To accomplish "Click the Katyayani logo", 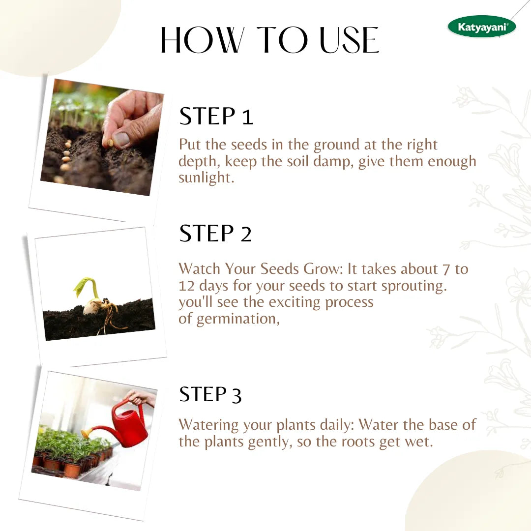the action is (481, 27).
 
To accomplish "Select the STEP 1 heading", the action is (216, 116).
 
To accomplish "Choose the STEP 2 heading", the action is (215, 234).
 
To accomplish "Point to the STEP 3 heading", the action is (210, 394).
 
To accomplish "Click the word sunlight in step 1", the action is (206, 178).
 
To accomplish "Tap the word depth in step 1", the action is (199, 162).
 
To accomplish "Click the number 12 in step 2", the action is (187, 286).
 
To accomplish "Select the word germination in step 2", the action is (238, 319).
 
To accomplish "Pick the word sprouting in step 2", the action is (414, 287).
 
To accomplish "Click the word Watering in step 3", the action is (208, 425).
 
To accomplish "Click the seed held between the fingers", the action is (111, 143).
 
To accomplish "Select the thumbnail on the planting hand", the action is (121, 138).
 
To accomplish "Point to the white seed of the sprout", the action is (92, 306).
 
